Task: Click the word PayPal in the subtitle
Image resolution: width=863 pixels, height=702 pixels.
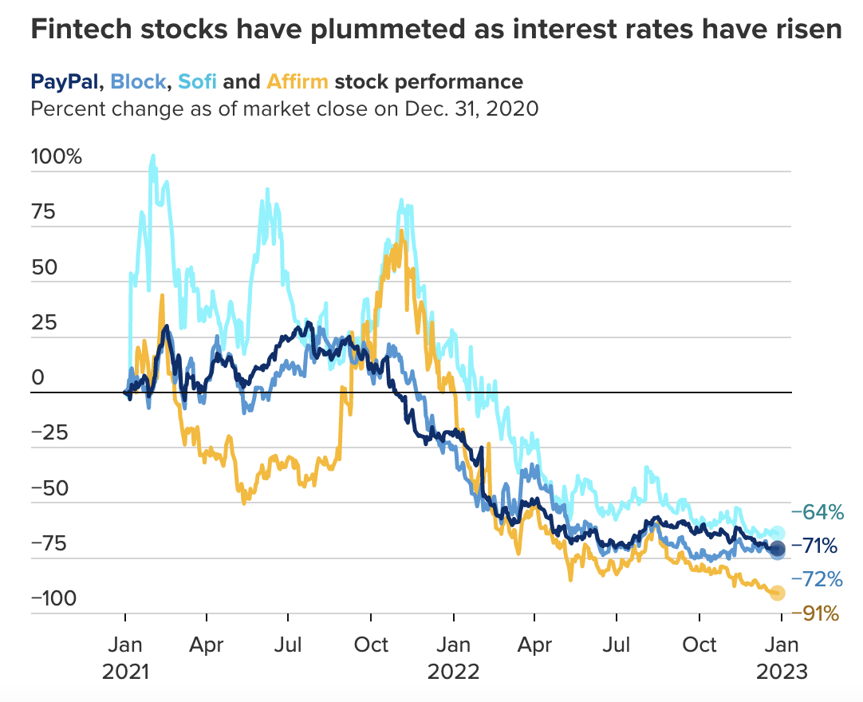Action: (66, 81)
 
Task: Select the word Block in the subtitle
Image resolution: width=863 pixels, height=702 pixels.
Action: (138, 81)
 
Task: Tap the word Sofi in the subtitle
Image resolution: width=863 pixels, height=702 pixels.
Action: (198, 81)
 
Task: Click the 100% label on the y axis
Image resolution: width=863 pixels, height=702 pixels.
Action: (56, 156)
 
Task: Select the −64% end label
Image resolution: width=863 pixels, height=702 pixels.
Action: (814, 511)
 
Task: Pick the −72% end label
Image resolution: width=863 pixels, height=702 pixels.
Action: (814, 578)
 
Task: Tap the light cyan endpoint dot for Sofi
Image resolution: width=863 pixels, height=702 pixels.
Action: (778, 533)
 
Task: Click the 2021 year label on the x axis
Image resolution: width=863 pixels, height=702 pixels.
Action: (125, 672)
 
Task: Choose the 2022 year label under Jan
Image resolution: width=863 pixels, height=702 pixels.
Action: (453, 672)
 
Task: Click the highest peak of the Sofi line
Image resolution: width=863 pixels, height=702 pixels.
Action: (152, 156)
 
